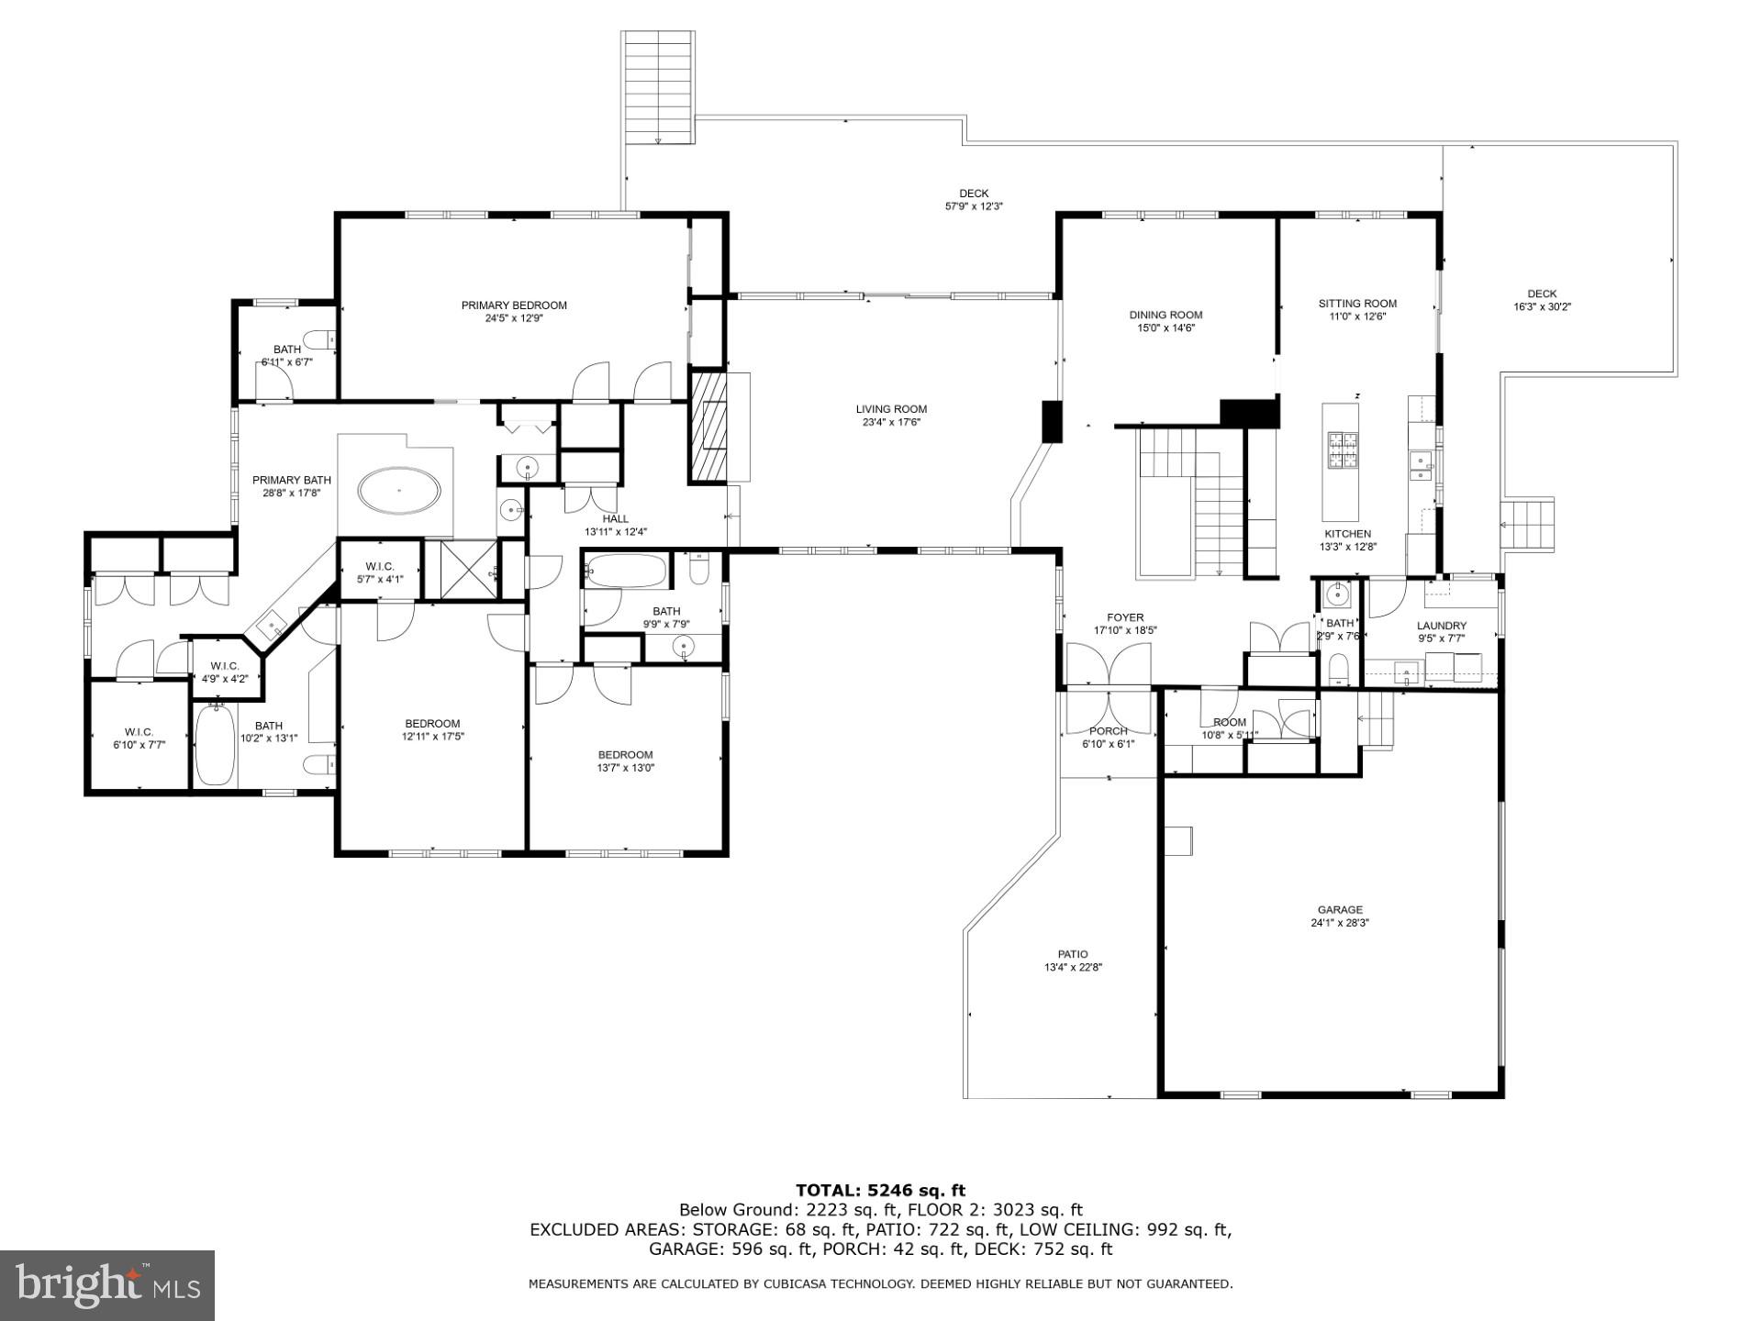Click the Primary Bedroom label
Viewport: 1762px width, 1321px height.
(514, 305)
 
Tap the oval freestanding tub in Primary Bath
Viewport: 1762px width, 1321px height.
(398, 491)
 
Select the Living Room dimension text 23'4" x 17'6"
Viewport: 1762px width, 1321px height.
(890, 423)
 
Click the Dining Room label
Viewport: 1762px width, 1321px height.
(1165, 315)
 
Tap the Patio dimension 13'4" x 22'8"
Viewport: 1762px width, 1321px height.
(1072, 967)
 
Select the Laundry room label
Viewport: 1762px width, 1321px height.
(1441, 626)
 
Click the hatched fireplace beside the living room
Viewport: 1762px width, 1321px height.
(708, 426)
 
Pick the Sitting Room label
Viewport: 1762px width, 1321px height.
(1357, 304)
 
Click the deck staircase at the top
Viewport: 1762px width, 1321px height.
(657, 87)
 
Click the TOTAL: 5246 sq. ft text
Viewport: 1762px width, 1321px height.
(880, 1191)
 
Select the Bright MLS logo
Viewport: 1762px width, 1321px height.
(107, 1286)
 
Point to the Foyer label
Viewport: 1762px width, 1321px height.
(1125, 617)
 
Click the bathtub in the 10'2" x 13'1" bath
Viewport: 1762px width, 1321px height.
(215, 744)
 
